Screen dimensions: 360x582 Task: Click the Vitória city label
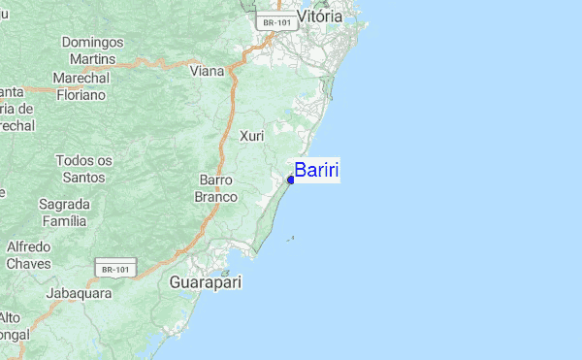[x=319, y=16]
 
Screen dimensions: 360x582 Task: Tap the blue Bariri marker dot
[x=291, y=180]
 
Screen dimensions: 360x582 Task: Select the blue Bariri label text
[x=316, y=171]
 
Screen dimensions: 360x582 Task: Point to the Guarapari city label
[x=206, y=282]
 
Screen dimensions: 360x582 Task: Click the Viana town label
[x=207, y=71]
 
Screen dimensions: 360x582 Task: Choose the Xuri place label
[x=252, y=136]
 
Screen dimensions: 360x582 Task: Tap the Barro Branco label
[x=215, y=188]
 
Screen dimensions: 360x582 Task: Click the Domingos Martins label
[x=93, y=50]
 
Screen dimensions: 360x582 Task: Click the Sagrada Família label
[x=64, y=213]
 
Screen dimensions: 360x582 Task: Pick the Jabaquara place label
[x=79, y=292]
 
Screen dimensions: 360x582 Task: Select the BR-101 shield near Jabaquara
[x=115, y=268]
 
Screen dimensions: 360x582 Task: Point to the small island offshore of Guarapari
[x=291, y=238]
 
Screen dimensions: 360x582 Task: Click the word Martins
[x=93, y=59]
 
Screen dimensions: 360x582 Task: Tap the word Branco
[x=215, y=197]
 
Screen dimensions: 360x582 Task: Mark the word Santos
[x=82, y=177]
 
